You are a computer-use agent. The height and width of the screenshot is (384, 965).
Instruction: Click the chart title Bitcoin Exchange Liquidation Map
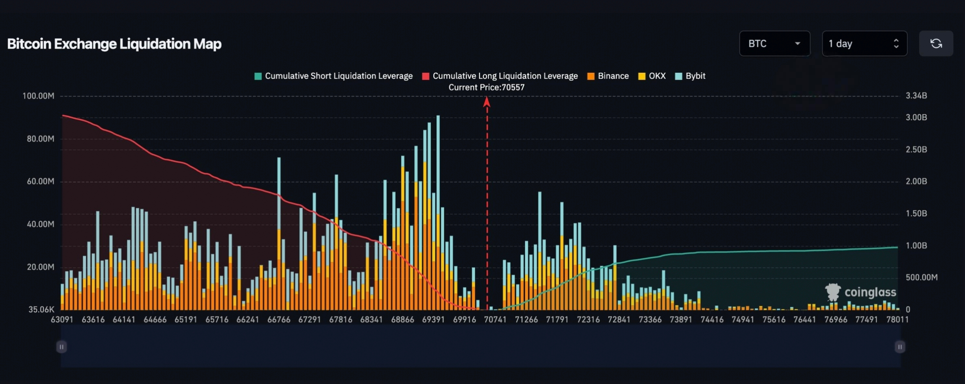[x=114, y=44]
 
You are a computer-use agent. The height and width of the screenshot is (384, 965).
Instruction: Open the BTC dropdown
[x=774, y=44]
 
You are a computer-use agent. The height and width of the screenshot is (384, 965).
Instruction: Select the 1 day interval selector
[x=864, y=44]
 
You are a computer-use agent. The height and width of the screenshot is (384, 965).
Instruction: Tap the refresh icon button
[x=936, y=44]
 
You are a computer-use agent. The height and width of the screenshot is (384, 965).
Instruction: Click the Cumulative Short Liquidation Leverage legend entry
[x=334, y=76]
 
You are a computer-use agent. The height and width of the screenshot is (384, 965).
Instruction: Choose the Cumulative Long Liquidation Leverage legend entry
[x=500, y=76]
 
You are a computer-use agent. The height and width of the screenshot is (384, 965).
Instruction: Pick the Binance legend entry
[x=608, y=76]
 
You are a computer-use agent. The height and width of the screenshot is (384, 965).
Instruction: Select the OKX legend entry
[x=652, y=76]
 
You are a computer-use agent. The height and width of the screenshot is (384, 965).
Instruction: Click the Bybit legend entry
[x=690, y=76]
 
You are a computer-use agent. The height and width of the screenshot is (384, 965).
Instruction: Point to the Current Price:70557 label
[x=486, y=87]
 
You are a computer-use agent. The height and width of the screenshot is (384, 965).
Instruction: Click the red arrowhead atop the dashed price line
[x=487, y=102]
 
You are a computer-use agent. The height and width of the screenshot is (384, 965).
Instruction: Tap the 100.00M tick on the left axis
[x=38, y=96]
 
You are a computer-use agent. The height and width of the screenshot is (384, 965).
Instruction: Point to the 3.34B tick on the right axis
[x=916, y=96]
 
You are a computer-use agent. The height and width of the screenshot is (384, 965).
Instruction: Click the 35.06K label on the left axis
[x=41, y=310]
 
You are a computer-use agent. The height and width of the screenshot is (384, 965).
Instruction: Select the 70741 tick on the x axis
[x=495, y=320]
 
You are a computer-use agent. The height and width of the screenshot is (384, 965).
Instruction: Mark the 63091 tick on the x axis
[x=62, y=320]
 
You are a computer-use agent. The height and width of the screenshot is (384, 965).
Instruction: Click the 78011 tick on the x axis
[x=897, y=320]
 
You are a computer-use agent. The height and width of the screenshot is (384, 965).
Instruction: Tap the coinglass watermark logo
[x=860, y=292]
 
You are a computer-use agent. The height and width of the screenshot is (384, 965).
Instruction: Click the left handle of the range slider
[x=61, y=347]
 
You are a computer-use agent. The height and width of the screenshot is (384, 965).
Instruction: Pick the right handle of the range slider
[x=900, y=347]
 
